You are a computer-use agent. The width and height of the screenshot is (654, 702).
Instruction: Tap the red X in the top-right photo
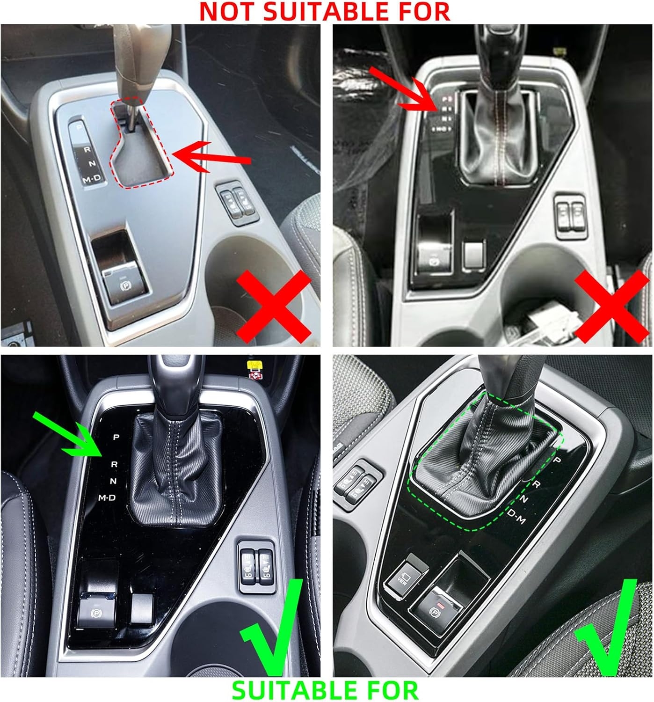[611, 307]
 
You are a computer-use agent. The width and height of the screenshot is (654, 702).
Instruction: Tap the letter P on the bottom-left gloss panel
[116, 437]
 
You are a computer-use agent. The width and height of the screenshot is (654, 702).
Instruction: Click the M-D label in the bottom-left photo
[107, 497]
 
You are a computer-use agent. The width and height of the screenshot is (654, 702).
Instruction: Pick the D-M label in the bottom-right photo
[516, 517]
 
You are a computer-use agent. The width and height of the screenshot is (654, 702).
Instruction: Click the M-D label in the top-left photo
[92, 179]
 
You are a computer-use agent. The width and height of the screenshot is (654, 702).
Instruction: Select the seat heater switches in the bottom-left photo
[256, 565]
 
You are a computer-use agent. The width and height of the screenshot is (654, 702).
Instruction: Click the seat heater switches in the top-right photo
[570, 212]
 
